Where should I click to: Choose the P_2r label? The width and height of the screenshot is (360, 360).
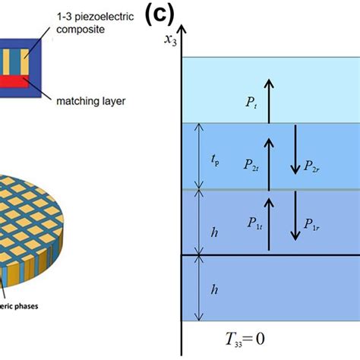(311, 163)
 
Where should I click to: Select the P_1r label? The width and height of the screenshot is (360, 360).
(311, 223)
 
